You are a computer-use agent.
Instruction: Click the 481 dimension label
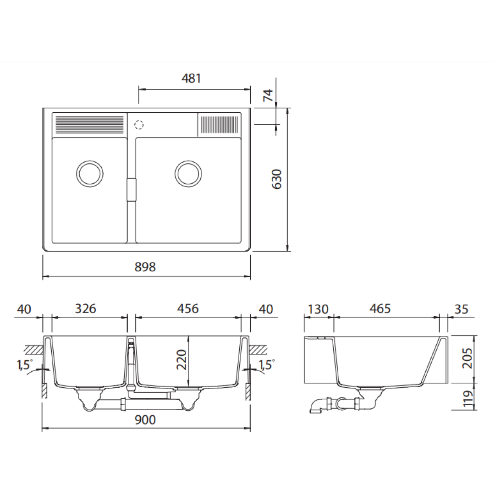[191, 78]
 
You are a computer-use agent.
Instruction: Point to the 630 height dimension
[277, 180]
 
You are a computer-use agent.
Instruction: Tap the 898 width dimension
[146, 267]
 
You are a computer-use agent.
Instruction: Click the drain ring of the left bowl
[89, 174]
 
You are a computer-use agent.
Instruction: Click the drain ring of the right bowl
[188, 174]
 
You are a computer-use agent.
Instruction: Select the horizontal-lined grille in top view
[89, 124]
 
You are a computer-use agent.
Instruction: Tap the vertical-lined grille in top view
[220, 124]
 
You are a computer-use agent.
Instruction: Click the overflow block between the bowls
[132, 190]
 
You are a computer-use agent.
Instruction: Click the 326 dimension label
[86, 309]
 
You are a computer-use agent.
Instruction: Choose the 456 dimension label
[188, 309]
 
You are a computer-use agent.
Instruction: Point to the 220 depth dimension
[182, 361]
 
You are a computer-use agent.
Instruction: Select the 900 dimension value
[146, 419]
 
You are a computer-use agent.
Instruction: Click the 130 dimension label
[318, 309]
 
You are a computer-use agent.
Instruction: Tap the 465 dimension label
[380, 309]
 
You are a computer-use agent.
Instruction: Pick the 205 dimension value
[467, 358]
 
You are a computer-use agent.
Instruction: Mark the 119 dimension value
[467, 399]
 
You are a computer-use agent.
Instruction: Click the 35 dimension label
[462, 309]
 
